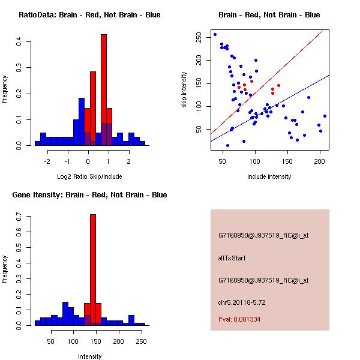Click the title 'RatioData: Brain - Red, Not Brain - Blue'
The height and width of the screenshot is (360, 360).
[x=89, y=15]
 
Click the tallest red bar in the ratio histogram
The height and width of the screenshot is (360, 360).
[x=104, y=90]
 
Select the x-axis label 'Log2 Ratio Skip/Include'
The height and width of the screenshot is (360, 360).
[x=89, y=178]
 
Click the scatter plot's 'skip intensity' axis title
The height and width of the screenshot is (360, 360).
[x=185, y=90]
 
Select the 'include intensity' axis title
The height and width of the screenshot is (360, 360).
[x=269, y=177]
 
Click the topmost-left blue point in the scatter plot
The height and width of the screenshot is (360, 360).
[x=215, y=34]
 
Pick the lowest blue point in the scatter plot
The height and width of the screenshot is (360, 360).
[x=227, y=145]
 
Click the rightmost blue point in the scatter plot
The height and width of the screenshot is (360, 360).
[x=325, y=116]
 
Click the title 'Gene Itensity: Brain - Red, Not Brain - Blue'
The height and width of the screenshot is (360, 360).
[x=89, y=195]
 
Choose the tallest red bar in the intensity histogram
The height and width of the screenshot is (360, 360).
[x=93, y=270]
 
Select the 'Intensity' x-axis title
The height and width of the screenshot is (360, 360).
[x=89, y=356]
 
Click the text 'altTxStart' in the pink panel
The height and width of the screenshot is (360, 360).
[x=232, y=258]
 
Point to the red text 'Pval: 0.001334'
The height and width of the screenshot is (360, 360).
[x=239, y=320]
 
